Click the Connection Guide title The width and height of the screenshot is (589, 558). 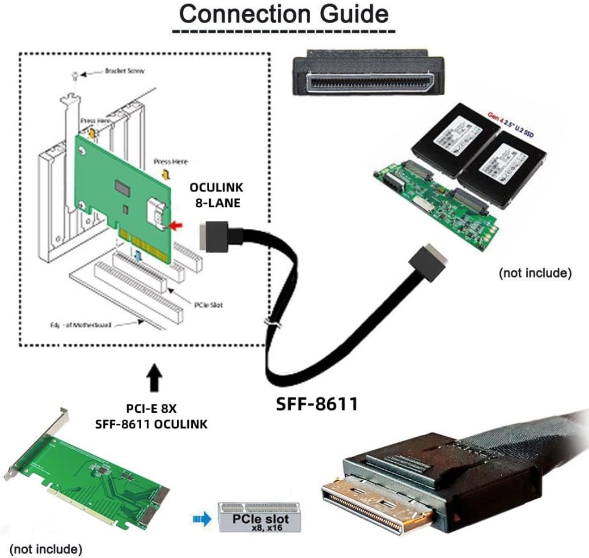[x=284, y=14]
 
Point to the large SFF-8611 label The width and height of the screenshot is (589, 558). [x=316, y=403]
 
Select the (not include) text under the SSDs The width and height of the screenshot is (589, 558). [x=534, y=273]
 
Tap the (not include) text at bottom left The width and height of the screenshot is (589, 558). [x=45, y=548]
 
